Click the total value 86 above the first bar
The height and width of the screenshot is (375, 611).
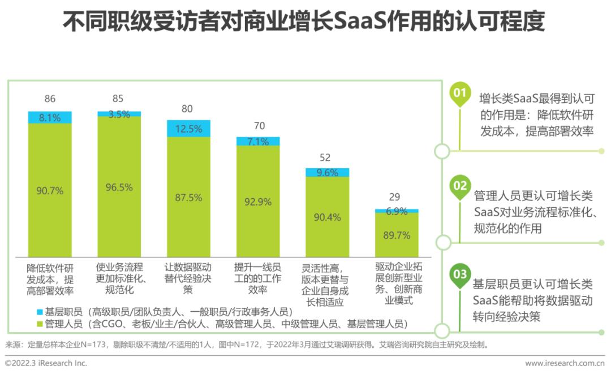click(50, 99)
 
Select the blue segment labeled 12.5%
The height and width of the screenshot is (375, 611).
click(188, 128)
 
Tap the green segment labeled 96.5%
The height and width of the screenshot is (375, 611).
click(119, 186)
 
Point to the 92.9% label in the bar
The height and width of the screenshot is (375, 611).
click(258, 202)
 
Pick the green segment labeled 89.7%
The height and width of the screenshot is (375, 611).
click(397, 234)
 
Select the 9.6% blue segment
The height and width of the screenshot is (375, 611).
click(328, 172)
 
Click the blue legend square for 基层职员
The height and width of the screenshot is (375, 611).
click(39, 312)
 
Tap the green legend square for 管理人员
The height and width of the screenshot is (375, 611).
click(39, 324)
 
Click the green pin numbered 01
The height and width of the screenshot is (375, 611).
click(460, 94)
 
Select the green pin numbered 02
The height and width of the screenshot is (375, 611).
click(460, 186)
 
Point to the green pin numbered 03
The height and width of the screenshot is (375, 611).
click(460, 274)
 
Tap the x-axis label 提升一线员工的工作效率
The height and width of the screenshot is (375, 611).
click(258, 277)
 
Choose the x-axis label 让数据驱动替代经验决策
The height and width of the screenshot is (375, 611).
click(188, 277)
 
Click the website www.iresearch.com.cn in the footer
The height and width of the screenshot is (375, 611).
click(565, 363)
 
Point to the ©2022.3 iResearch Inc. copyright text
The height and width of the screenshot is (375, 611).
click(46, 363)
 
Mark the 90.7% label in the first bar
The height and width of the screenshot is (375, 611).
click(50, 190)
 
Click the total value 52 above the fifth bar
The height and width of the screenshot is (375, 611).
click(325, 158)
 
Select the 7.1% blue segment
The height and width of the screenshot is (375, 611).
click(258, 141)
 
